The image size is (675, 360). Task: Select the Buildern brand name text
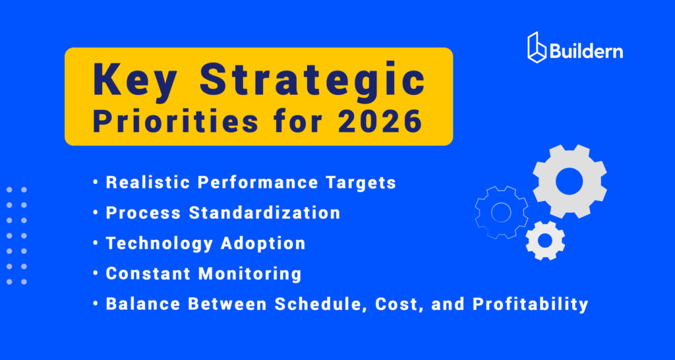[586, 51]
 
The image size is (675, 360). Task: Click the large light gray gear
[569, 181]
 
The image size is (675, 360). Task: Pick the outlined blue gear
[502, 212]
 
